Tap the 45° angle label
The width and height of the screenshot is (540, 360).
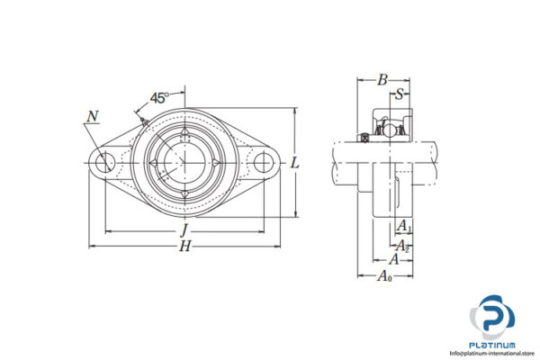tap(160, 97)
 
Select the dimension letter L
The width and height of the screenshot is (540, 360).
tap(295, 163)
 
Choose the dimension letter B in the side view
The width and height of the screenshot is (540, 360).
tap(382, 81)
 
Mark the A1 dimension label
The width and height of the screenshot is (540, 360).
tap(405, 226)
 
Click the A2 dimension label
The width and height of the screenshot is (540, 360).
tap(404, 244)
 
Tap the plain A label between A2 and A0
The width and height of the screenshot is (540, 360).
tap(392, 259)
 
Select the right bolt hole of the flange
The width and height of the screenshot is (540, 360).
tap(262, 163)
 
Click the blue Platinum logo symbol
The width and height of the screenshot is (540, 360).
tap(492, 318)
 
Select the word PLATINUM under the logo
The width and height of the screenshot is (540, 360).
tap(492, 345)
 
